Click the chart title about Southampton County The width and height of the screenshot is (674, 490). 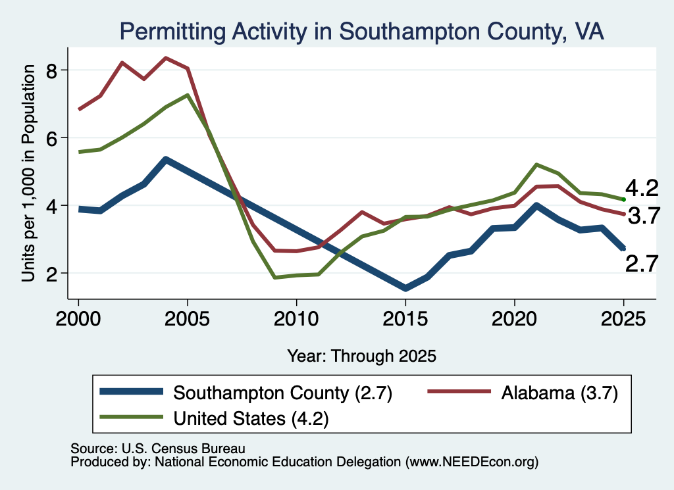(361, 32)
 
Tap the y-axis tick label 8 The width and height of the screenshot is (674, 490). (52, 70)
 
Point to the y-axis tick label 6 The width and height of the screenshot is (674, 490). (52, 138)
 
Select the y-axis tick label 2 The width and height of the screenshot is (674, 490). (52, 274)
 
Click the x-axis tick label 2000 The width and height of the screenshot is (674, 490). (78, 319)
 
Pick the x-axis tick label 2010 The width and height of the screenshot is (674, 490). (296, 319)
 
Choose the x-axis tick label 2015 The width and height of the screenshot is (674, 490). (405, 319)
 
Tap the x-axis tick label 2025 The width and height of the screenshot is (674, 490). (623, 319)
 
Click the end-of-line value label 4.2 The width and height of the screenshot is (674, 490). (641, 188)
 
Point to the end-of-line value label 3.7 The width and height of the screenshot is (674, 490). (644, 216)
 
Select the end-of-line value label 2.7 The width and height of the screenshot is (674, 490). (641, 264)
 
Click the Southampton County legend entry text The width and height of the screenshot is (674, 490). (282, 393)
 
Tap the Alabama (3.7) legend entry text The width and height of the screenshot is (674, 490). (559, 393)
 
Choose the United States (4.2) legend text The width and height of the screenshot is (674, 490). (251, 418)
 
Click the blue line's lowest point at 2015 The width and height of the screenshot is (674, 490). (405, 288)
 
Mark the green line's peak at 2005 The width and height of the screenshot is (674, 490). (188, 95)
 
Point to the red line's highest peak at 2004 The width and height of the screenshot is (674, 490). (166, 58)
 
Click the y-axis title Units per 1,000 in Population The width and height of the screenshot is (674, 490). (28, 173)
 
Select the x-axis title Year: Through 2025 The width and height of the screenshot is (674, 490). (361, 356)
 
